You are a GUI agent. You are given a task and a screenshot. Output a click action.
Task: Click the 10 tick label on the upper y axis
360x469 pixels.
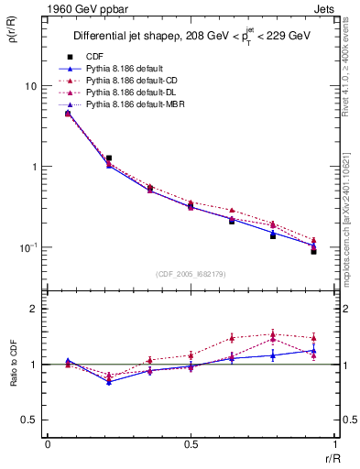pyautogui.click(x=31, y=86)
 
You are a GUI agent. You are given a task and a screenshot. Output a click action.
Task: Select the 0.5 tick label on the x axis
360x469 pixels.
pyautogui.click(x=190, y=444)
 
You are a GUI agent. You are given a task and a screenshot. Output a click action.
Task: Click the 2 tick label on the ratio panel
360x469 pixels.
pyautogui.click(x=35, y=309)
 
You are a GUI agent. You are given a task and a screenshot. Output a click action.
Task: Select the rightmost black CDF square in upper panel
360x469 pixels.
pyautogui.click(x=313, y=251)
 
